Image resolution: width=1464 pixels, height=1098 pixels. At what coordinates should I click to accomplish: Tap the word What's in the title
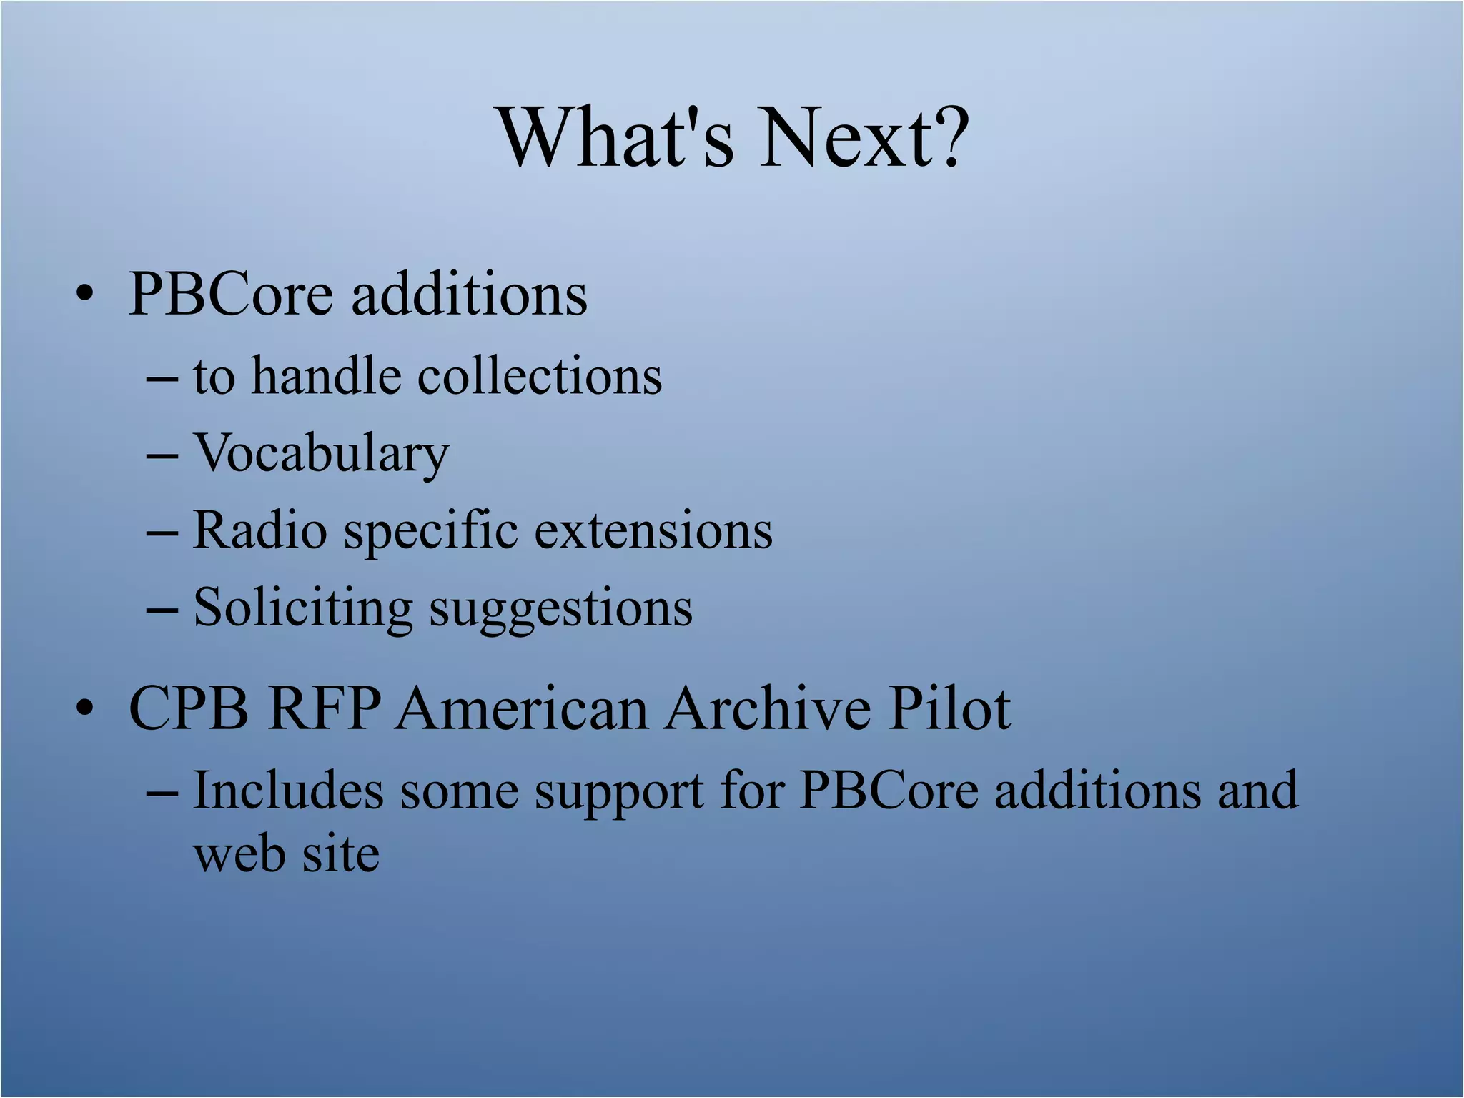pyautogui.click(x=616, y=137)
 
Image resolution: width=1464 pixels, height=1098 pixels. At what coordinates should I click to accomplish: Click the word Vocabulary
pyautogui.click(x=321, y=453)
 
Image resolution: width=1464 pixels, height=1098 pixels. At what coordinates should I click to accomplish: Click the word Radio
pyautogui.click(x=260, y=530)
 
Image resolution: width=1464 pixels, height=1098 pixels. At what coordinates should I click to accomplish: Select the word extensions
pyautogui.click(x=653, y=530)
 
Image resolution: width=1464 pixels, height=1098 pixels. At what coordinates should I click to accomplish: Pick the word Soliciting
pyautogui.click(x=303, y=608)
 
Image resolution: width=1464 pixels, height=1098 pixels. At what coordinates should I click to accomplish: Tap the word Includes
pyautogui.click(x=288, y=791)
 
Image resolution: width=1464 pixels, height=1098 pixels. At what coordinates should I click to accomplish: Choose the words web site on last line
pyautogui.click(x=286, y=854)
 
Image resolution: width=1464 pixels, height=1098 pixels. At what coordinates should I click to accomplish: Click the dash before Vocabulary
pyautogui.click(x=162, y=455)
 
